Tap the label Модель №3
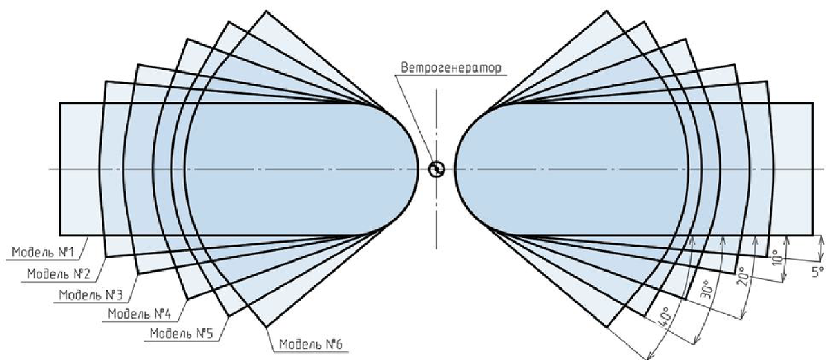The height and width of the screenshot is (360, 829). (89, 295)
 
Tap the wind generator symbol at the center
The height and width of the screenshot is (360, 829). (436, 169)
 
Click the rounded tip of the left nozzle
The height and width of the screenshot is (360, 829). (417, 169)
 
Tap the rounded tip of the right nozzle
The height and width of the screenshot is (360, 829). (455, 169)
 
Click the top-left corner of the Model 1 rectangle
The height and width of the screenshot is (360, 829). (60, 104)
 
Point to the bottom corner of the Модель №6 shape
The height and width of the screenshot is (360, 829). (265, 326)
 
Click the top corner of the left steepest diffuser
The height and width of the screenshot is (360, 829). (265, 11)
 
